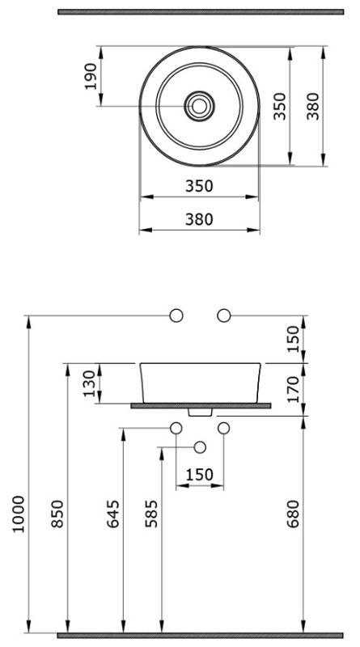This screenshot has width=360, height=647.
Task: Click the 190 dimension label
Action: (x=91, y=76)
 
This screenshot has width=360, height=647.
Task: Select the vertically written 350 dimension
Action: (x=280, y=106)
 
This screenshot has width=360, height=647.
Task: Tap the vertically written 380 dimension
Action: (x=313, y=106)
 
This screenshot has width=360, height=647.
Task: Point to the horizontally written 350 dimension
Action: (x=199, y=186)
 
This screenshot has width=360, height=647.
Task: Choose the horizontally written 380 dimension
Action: (x=199, y=219)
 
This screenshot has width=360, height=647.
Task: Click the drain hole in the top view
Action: (x=199, y=106)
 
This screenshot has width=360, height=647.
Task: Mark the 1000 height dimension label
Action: (x=19, y=514)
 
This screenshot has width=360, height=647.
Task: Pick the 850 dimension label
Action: (x=57, y=514)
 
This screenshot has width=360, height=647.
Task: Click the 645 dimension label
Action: (x=113, y=514)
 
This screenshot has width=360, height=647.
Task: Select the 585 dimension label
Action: (x=151, y=514)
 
